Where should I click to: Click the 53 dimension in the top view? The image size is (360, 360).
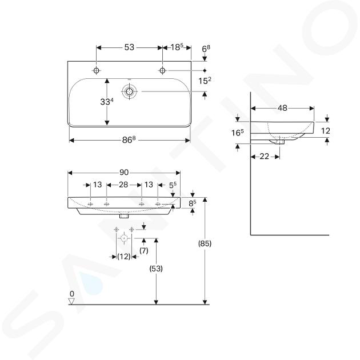pyautogui.click(x=129, y=47)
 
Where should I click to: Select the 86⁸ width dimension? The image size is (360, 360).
pyautogui.click(x=129, y=139)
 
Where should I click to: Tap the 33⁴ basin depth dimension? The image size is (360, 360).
pyautogui.click(x=107, y=102)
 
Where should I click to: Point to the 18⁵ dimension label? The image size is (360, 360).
pyautogui.click(x=177, y=47)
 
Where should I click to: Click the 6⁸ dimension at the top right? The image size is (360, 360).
pyautogui.click(x=206, y=49)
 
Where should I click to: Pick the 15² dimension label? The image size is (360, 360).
pyautogui.click(x=205, y=81)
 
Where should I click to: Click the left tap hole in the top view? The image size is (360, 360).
pyautogui.click(x=97, y=70)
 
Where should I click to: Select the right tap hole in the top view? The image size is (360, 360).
pyautogui.click(x=162, y=70)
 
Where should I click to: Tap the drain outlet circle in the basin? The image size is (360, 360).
pyautogui.click(x=130, y=91)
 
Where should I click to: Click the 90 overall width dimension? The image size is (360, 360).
pyautogui.click(x=124, y=173)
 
